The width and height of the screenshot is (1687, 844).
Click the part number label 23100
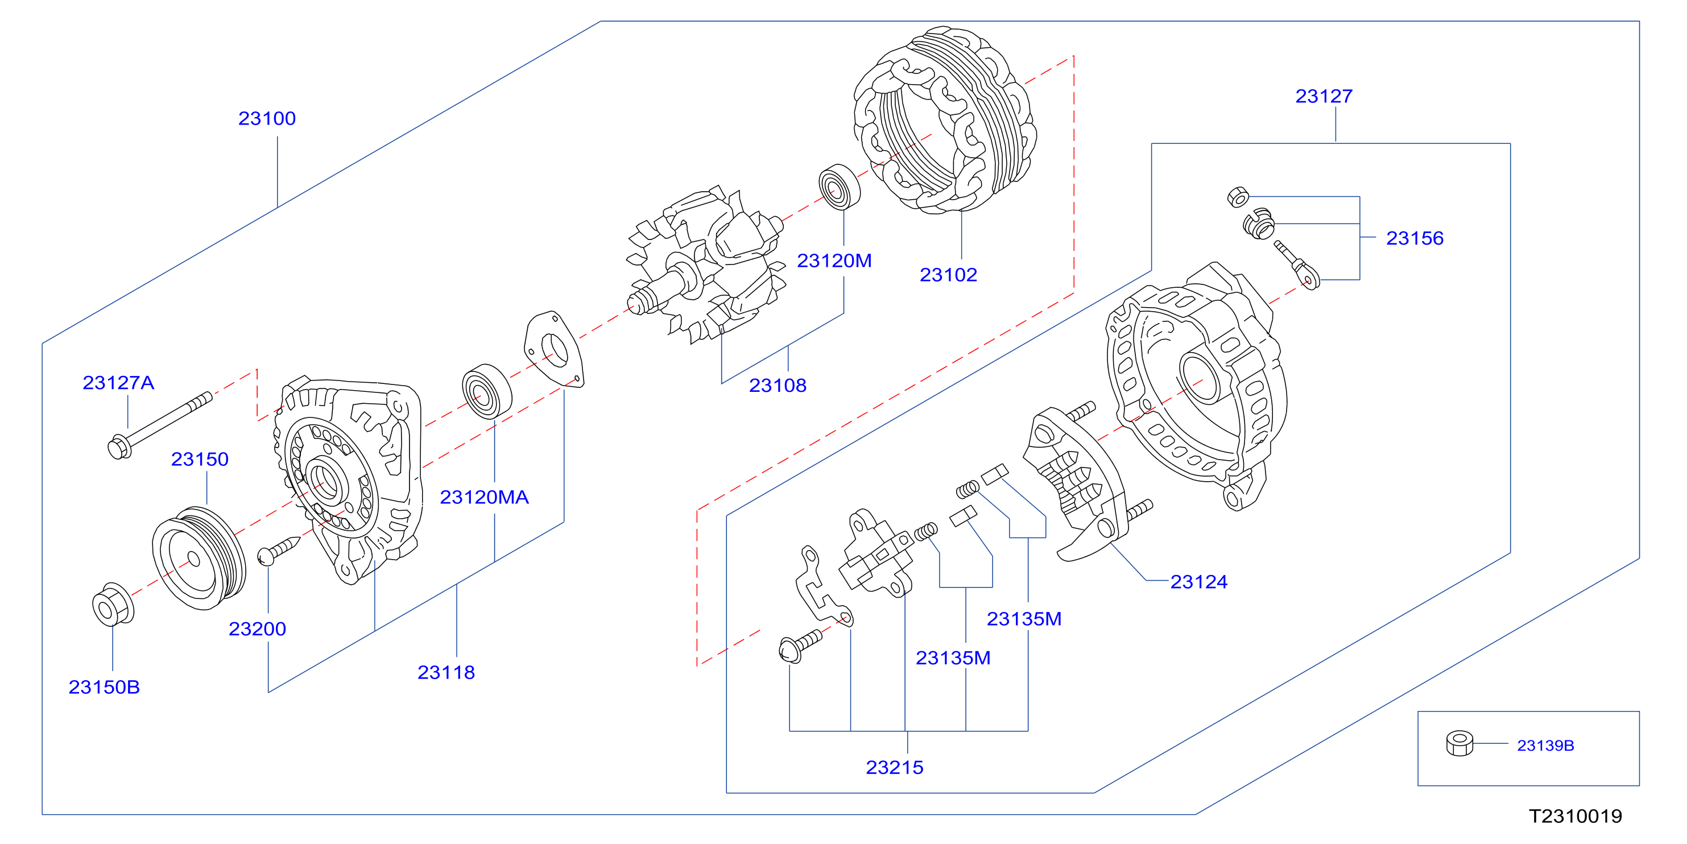tap(267, 118)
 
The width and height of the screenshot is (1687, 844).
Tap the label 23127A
tap(118, 382)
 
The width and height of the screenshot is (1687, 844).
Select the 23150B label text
tap(104, 687)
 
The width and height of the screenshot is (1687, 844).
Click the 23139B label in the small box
tap(1545, 745)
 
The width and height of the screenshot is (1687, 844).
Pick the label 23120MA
tap(484, 497)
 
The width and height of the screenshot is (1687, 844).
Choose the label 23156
tap(1415, 238)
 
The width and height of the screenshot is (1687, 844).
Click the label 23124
tap(1198, 581)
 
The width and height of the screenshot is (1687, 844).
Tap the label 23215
tap(895, 767)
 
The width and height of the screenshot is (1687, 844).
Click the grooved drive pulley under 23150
tap(199, 558)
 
